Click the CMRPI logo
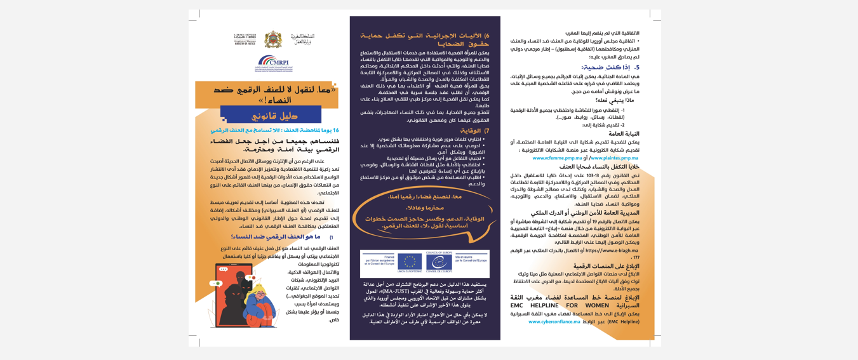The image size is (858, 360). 272,63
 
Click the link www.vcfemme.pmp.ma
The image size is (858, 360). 557,158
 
